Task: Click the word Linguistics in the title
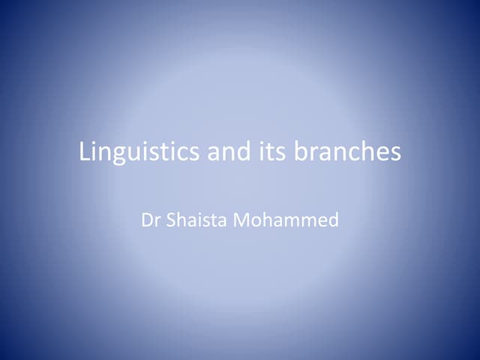(139, 152)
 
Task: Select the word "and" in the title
(225, 152)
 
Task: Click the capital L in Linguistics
(85, 152)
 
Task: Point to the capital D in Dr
(146, 220)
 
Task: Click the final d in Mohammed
(334, 220)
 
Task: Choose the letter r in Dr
(156, 222)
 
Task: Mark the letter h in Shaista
(180, 220)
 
